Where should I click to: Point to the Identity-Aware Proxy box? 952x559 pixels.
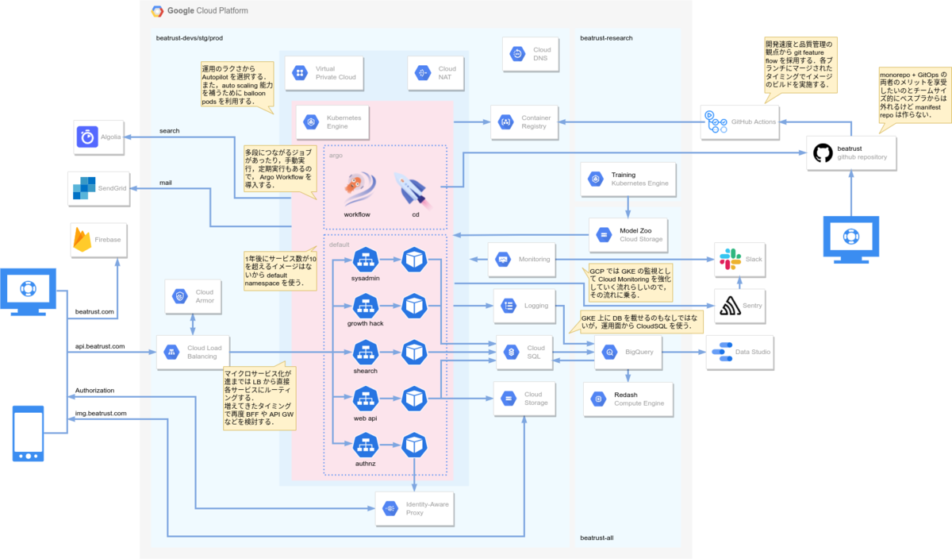[x=414, y=508]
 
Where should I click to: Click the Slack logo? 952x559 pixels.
[x=728, y=259]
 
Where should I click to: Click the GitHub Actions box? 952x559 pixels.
[x=739, y=121]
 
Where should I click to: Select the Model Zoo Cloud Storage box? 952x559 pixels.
[x=628, y=234]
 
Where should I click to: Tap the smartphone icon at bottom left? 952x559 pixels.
[x=29, y=434]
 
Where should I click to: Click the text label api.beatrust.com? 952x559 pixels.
[x=99, y=347]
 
